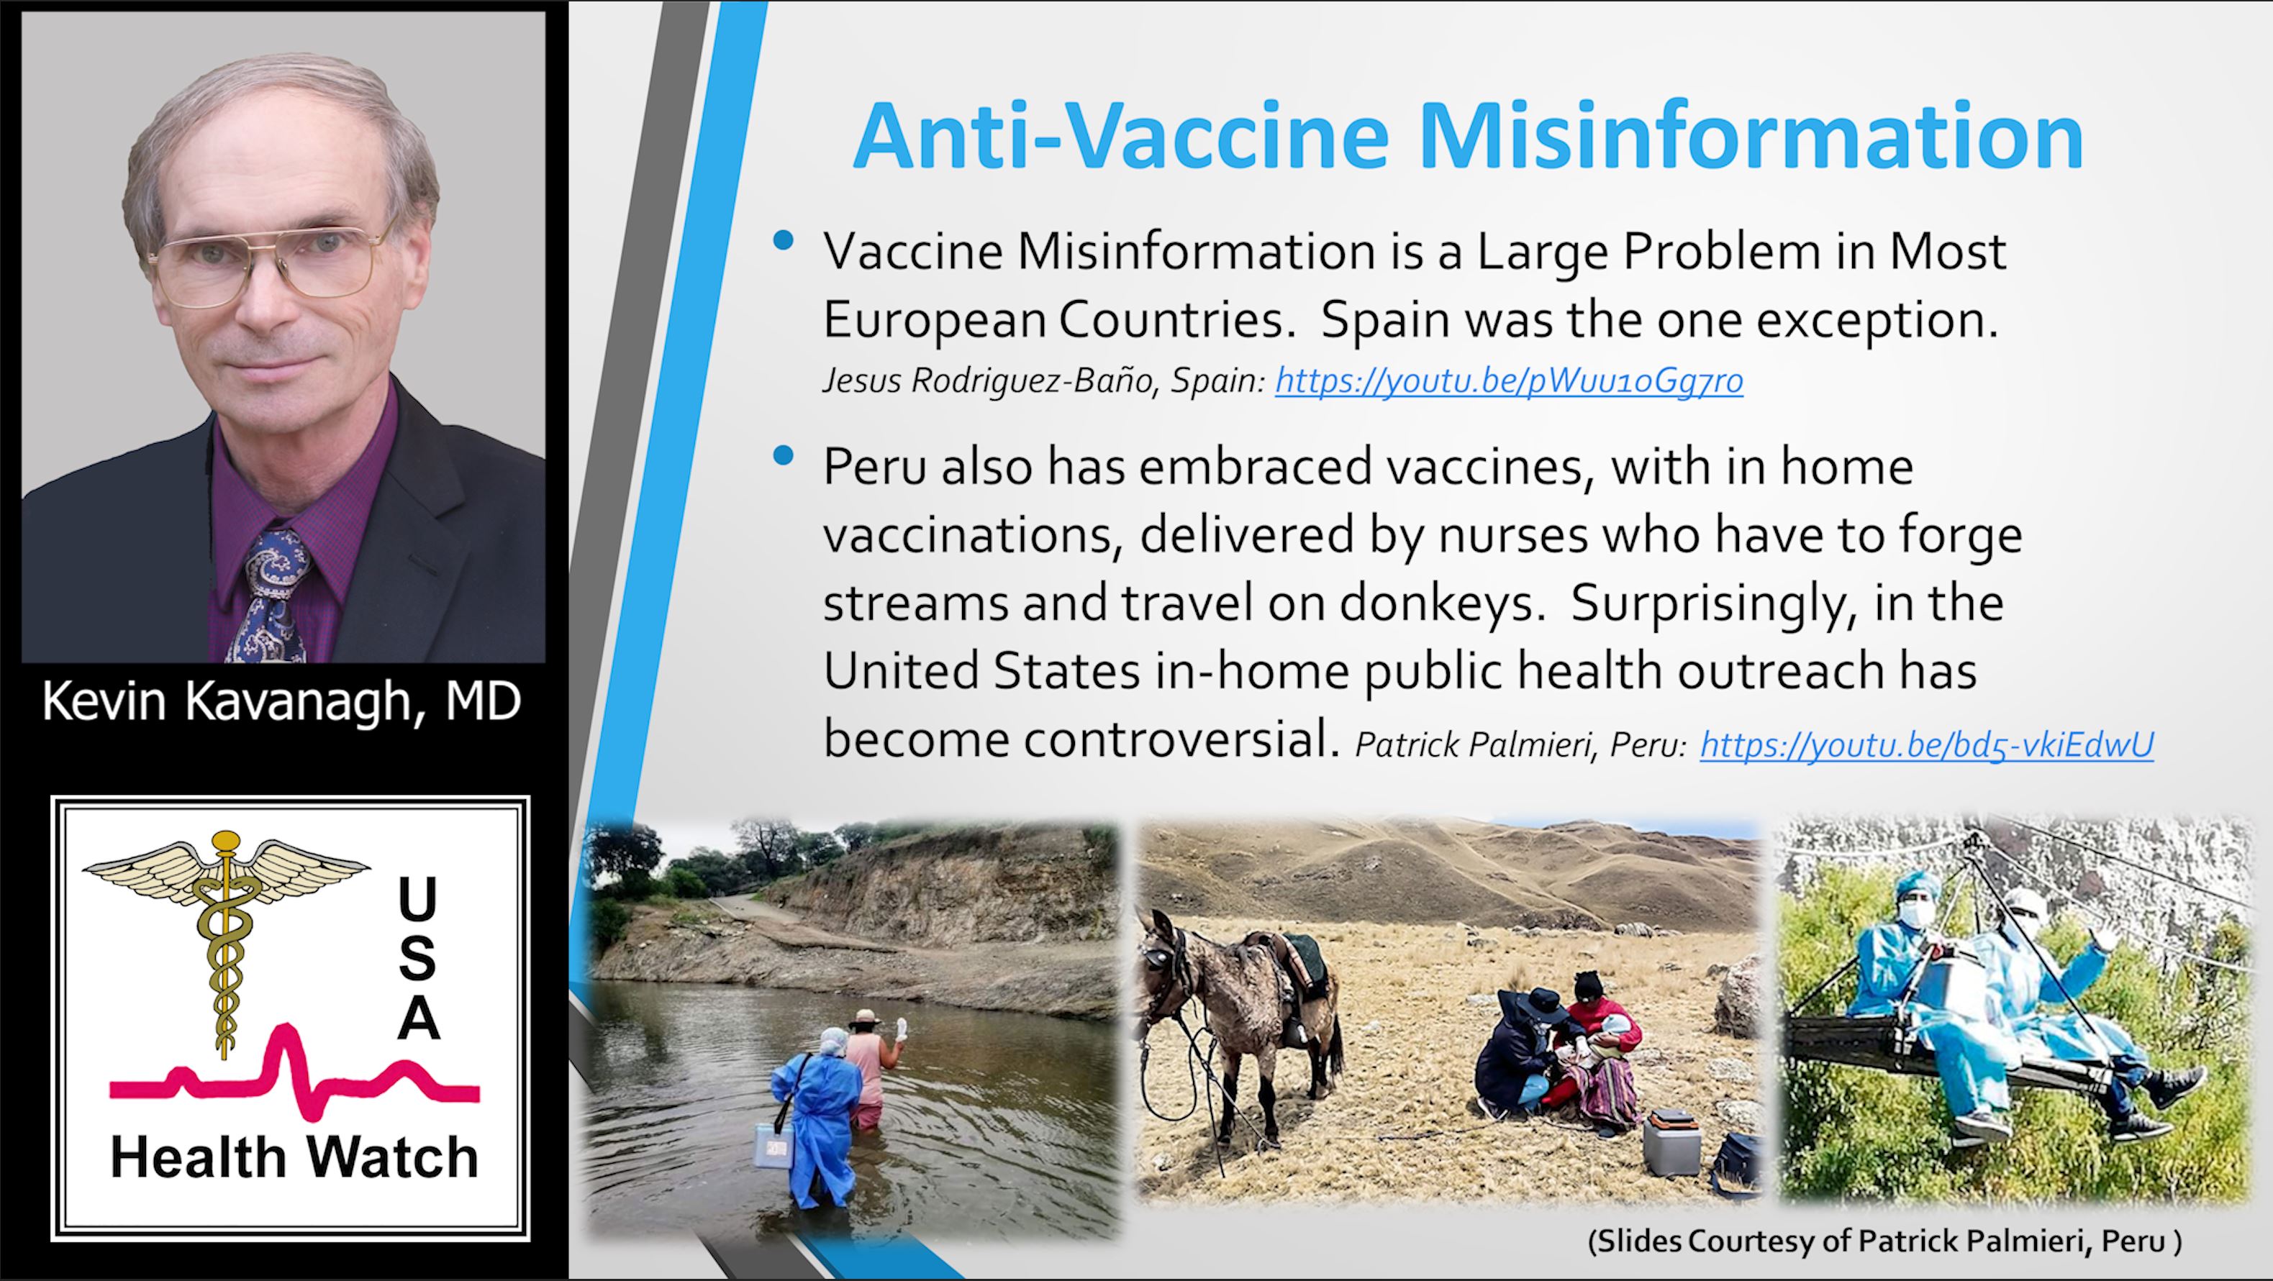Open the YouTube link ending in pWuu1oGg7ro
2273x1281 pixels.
(x=1509, y=380)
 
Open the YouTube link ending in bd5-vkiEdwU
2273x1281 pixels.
(x=1927, y=744)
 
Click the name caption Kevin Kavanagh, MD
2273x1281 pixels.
(x=281, y=701)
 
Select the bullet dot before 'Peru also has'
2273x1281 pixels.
(x=783, y=455)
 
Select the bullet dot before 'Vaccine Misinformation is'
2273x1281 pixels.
(x=783, y=240)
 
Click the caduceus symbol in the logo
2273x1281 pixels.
(x=226, y=939)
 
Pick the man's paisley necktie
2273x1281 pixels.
(x=272, y=596)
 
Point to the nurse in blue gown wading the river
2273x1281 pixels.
(x=814, y=1116)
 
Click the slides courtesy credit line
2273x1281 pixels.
(x=1884, y=1241)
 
